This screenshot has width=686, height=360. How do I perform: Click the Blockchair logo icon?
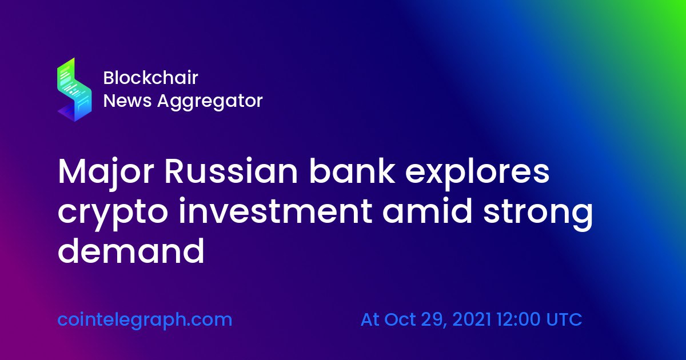(x=74, y=89)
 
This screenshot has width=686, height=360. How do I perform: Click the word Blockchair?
(x=150, y=78)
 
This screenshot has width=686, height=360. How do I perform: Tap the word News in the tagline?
(x=127, y=101)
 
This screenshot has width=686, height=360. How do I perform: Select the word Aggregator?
(x=210, y=102)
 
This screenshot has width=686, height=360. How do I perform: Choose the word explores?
(x=477, y=173)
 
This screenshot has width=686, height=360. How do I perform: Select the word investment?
(x=276, y=211)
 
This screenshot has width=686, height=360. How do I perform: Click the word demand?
(x=131, y=251)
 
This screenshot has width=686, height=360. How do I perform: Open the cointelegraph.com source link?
(x=145, y=320)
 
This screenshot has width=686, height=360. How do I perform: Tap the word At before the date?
(x=370, y=319)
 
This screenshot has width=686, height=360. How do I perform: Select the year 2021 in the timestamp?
(x=472, y=319)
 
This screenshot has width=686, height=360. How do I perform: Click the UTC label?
(x=564, y=319)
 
